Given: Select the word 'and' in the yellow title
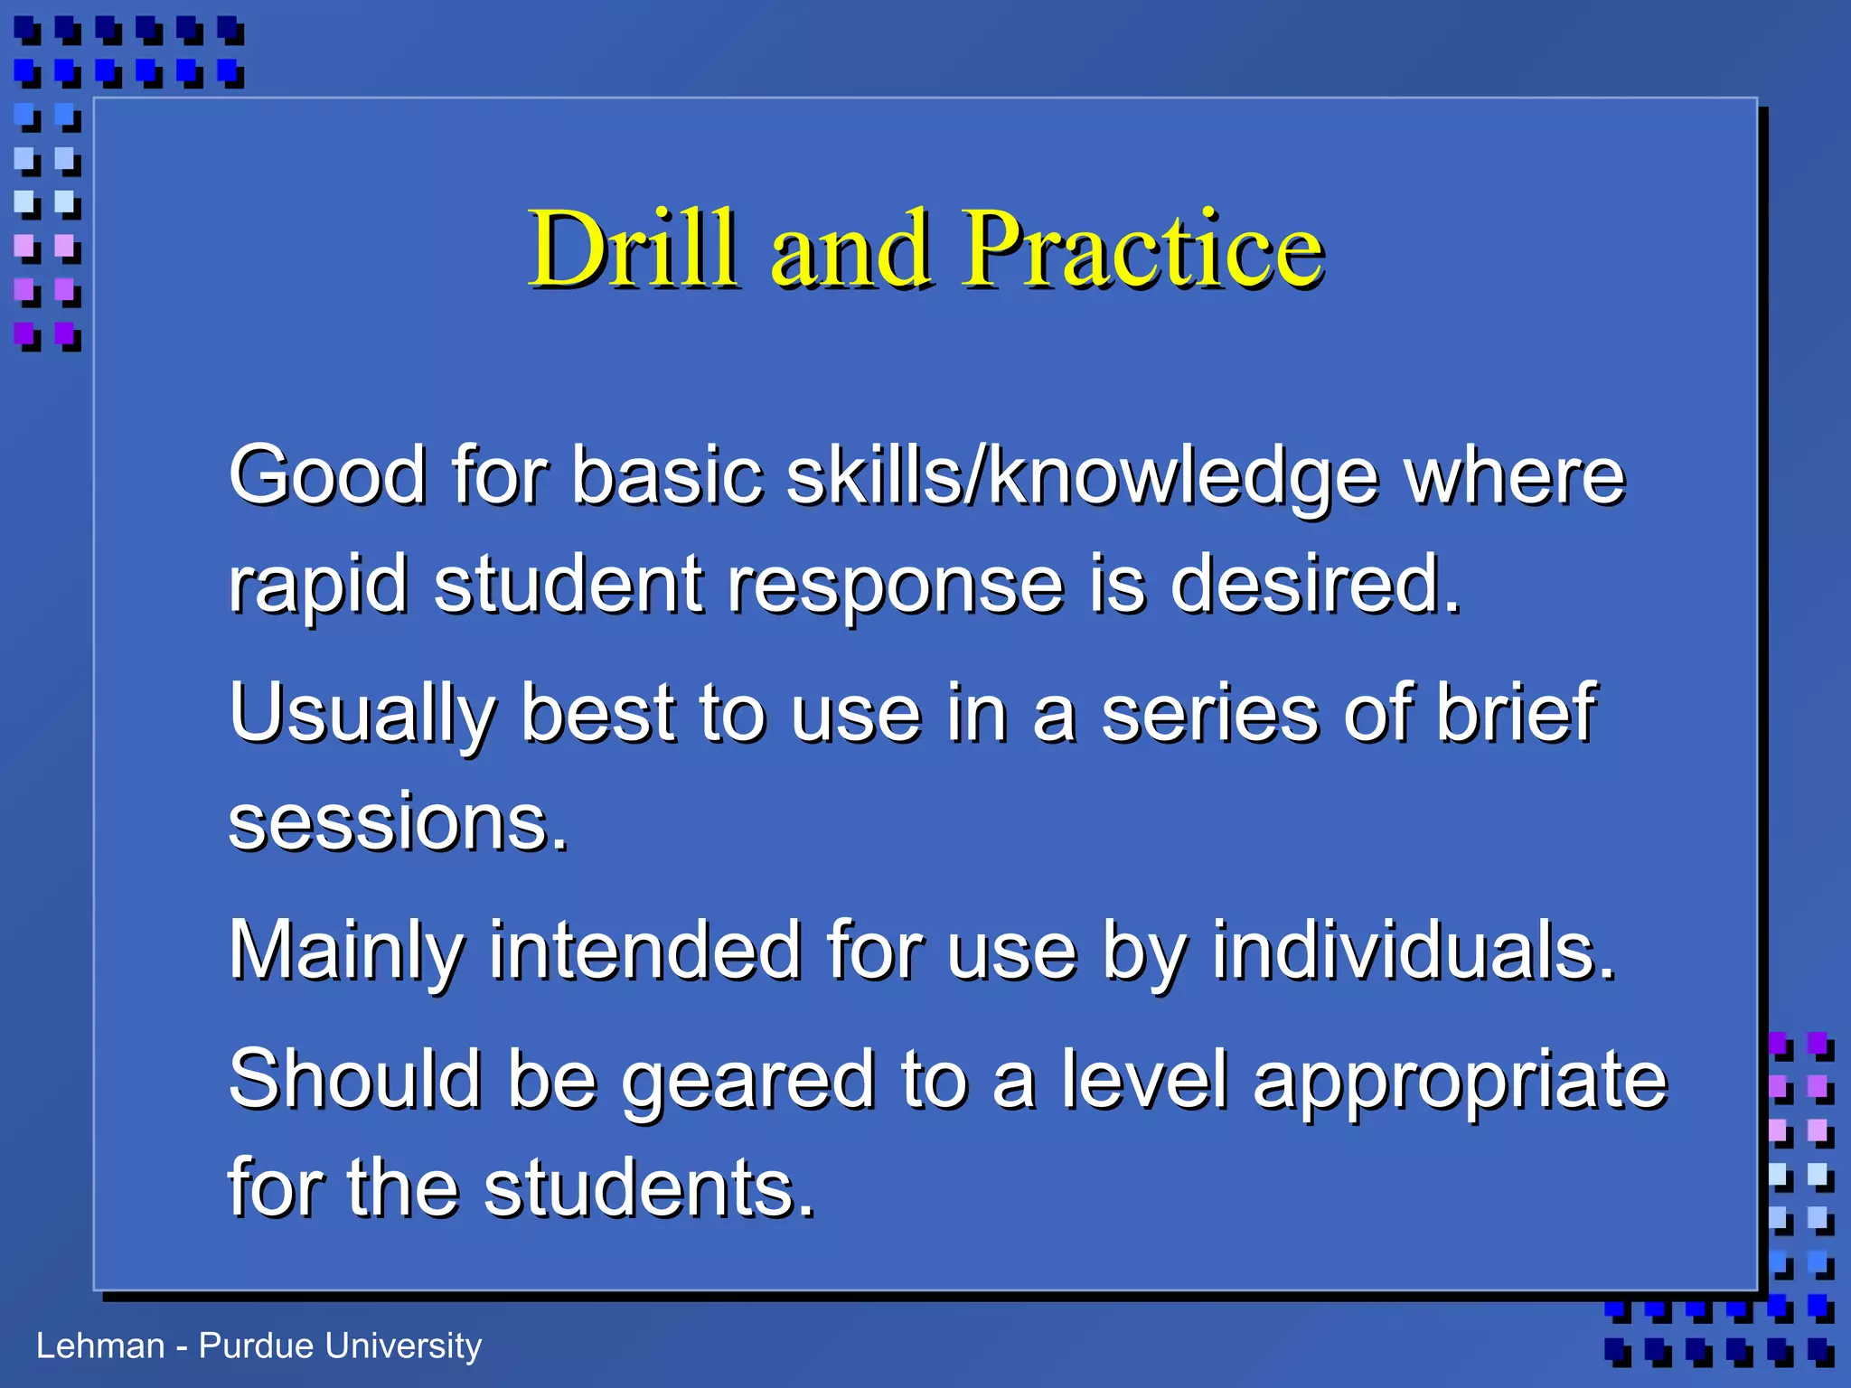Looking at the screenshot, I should point(850,249).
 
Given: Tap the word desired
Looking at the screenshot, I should point(1315,584).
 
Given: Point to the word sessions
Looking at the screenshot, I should point(399,822).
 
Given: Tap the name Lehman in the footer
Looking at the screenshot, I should point(100,1346).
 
